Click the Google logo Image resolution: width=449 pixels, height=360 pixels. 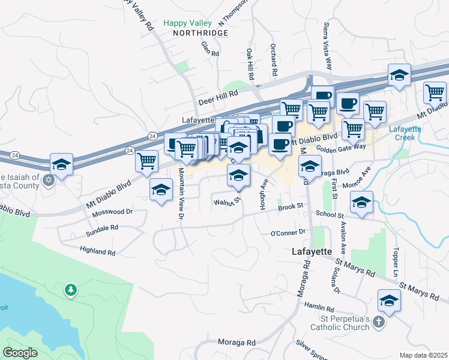click(20, 353)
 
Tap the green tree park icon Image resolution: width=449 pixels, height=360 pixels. click(71, 290)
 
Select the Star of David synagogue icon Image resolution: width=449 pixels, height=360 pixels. click(49, 179)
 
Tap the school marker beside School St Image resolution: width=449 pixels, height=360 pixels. click(361, 203)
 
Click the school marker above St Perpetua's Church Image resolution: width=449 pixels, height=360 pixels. click(389, 301)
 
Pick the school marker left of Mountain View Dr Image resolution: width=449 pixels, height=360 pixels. click(160, 190)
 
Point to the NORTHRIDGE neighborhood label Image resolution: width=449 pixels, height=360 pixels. click(200, 33)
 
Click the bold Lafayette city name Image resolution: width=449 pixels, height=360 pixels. click(312, 251)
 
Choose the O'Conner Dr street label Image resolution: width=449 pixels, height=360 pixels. click(289, 232)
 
